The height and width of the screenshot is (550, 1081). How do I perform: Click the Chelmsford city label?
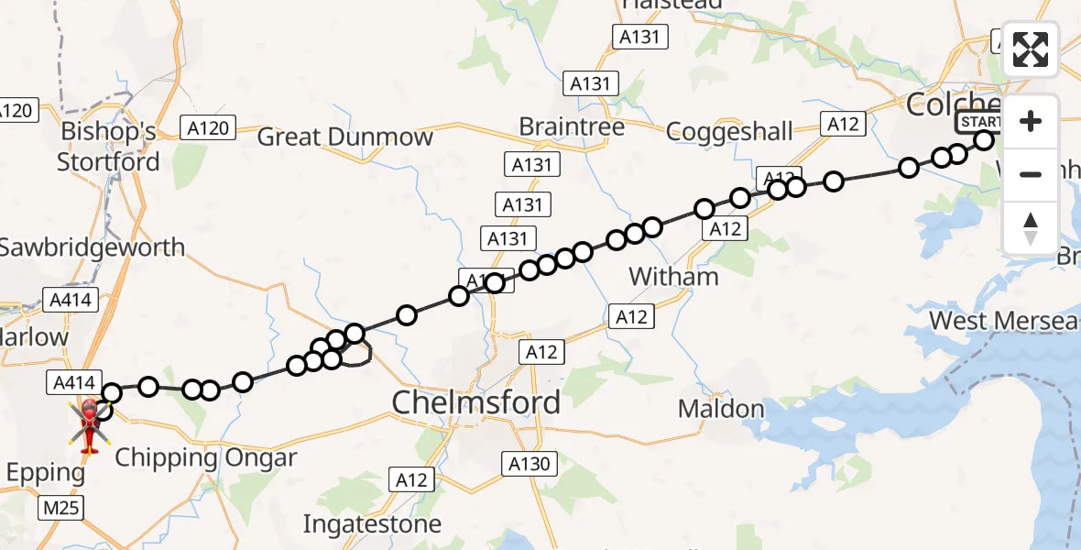coord(475,402)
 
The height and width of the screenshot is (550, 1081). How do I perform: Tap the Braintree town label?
coord(572,126)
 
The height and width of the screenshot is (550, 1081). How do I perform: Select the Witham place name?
coord(675,276)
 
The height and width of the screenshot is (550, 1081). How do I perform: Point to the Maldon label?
coord(721,409)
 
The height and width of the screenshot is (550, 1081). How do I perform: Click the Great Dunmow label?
coord(344,137)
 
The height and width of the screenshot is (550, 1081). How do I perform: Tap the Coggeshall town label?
coord(730,132)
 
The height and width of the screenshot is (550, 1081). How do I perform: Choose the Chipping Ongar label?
coord(206,457)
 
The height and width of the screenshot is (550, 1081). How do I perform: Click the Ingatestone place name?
coord(373,525)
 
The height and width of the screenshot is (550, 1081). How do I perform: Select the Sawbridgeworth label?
coord(92,247)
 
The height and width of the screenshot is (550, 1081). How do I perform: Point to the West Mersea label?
coord(1004,321)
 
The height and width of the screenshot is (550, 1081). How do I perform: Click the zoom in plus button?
coord(1031,121)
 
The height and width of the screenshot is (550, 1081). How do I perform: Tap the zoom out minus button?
coord(1031,174)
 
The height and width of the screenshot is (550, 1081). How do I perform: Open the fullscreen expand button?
coord(1031,49)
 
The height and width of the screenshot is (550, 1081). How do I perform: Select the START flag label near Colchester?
coord(980,123)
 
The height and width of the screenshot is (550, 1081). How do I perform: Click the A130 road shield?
coord(530,464)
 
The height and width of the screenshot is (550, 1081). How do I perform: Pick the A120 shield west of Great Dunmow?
coord(208,128)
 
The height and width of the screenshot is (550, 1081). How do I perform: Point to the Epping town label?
coord(44,474)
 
